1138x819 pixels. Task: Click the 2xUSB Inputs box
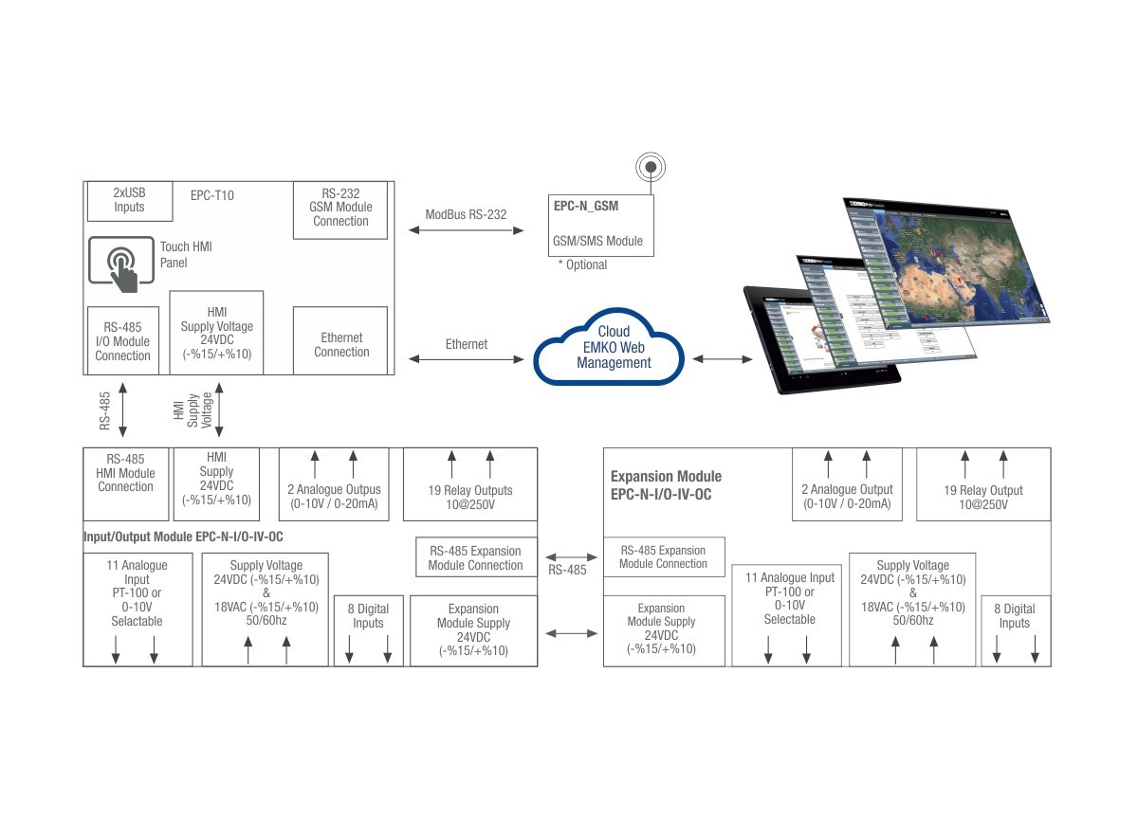coord(129,201)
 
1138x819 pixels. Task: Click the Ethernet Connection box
coord(341,345)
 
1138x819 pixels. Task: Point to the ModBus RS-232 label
coord(466,214)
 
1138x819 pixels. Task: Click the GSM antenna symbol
coord(651,169)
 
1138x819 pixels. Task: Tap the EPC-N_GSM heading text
coord(588,204)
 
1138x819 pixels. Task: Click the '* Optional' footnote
coord(582,264)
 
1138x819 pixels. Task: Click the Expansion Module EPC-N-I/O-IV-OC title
coord(666,484)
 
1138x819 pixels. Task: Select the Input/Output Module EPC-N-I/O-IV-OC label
coord(183,537)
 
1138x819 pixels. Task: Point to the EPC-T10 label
coord(211,196)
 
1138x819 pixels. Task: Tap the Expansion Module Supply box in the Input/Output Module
coord(473,629)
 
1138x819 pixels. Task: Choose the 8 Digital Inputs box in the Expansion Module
coord(1014,616)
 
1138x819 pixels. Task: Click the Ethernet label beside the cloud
coord(467,344)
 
